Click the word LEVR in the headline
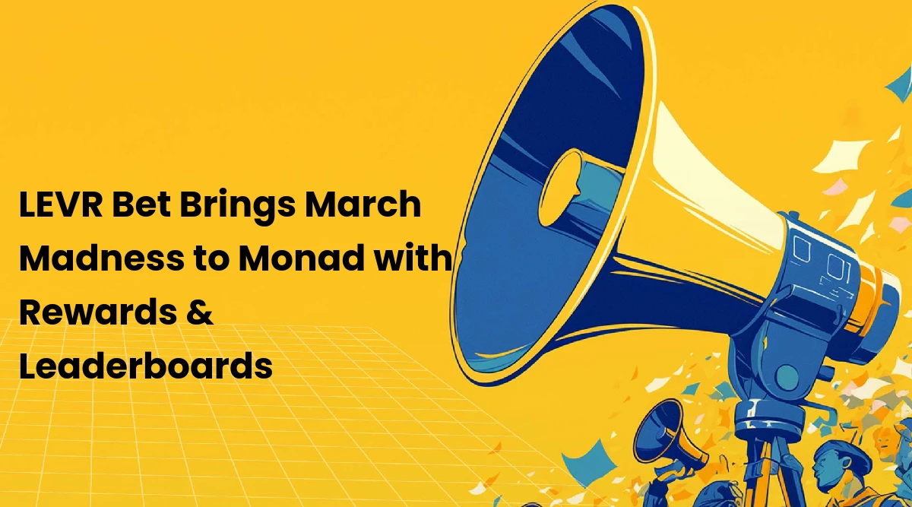tap(61, 204)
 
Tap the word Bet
tap(141, 204)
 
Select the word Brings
tap(237, 207)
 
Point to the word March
tap(363, 204)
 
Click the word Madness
tap(102, 258)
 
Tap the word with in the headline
tap(413, 258)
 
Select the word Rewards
tap(98, 312)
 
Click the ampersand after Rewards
tap(199, 312)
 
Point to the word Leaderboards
tap(146, 366)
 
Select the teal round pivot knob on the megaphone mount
tap(787, 377)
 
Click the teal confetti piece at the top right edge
tap(901, 86)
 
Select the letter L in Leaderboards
tap(28, 366)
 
